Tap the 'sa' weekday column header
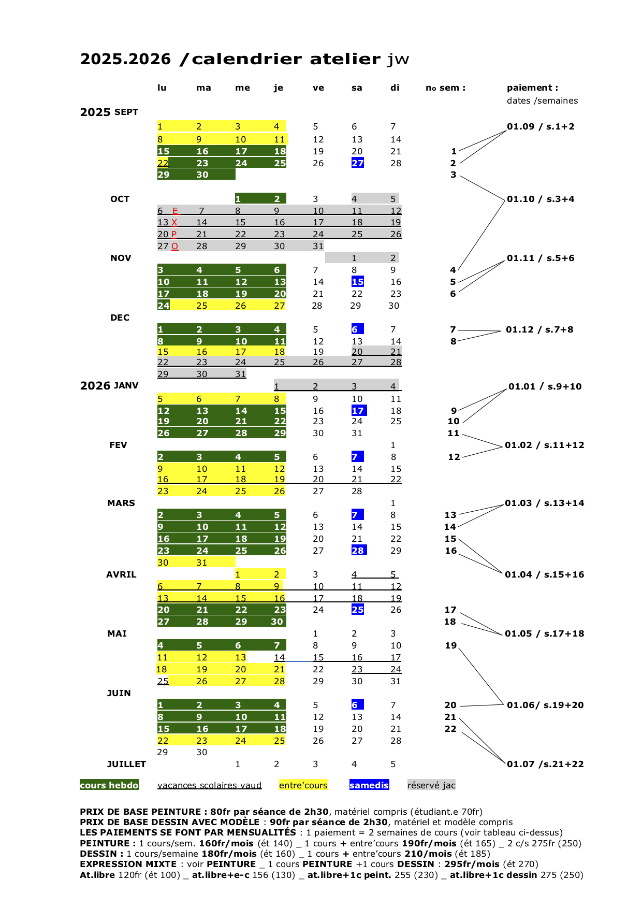point(357,88)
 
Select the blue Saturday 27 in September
point(358,163)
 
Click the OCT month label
point(120,199)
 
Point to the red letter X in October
point(174,222)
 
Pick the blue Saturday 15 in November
point(358,282)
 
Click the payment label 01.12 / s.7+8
point(539,329)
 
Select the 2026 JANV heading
point(109,385)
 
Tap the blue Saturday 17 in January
point(358,411)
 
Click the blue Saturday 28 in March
point(358,551)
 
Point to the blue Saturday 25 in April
point(358,610)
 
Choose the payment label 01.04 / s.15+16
point(545,574)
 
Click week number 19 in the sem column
point(451,645)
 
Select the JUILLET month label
point(126,764)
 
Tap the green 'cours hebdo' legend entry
point(109,785)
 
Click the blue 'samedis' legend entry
point(369,785)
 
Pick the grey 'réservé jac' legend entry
point(431,785)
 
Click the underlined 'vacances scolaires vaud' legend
point(209,785)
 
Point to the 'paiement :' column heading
point(532,88)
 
